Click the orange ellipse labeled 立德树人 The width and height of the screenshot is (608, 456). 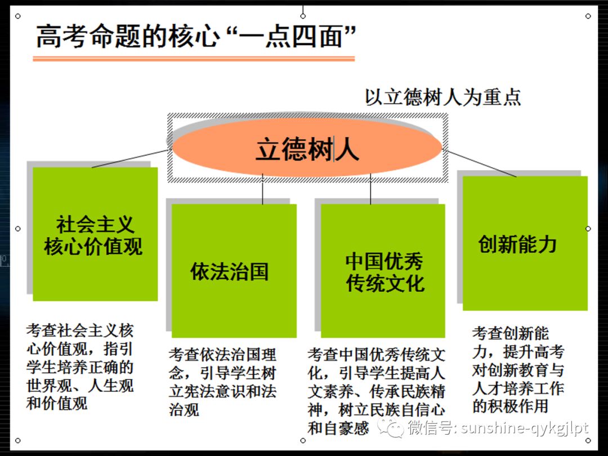307,147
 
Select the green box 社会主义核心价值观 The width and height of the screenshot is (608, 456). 95,234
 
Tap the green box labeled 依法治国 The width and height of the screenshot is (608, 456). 233,271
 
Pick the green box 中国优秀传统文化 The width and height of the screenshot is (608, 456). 383,271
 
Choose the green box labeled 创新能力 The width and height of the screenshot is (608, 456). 525,243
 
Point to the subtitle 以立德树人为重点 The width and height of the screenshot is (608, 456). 442,97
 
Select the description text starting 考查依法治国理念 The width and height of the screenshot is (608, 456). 223,382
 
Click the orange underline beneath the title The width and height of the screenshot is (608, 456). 194,59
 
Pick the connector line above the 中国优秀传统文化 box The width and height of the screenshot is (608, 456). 370,190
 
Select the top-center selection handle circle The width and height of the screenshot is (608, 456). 303,16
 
